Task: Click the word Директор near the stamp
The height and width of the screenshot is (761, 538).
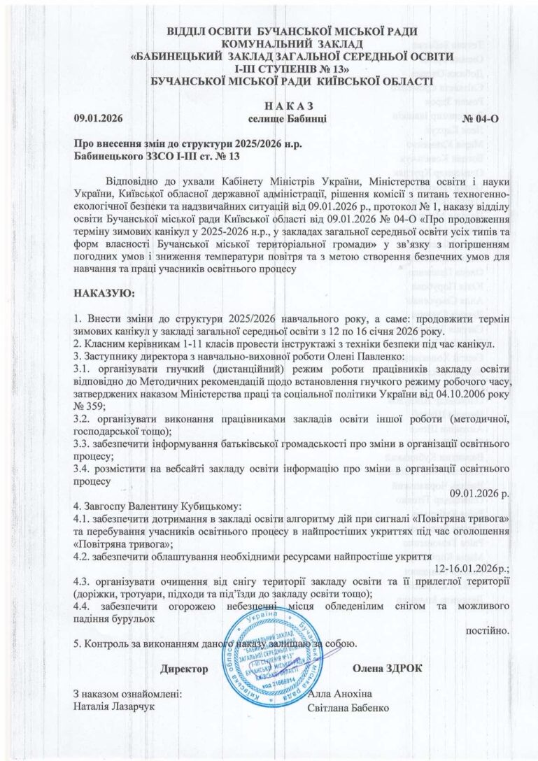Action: (184, 669)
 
